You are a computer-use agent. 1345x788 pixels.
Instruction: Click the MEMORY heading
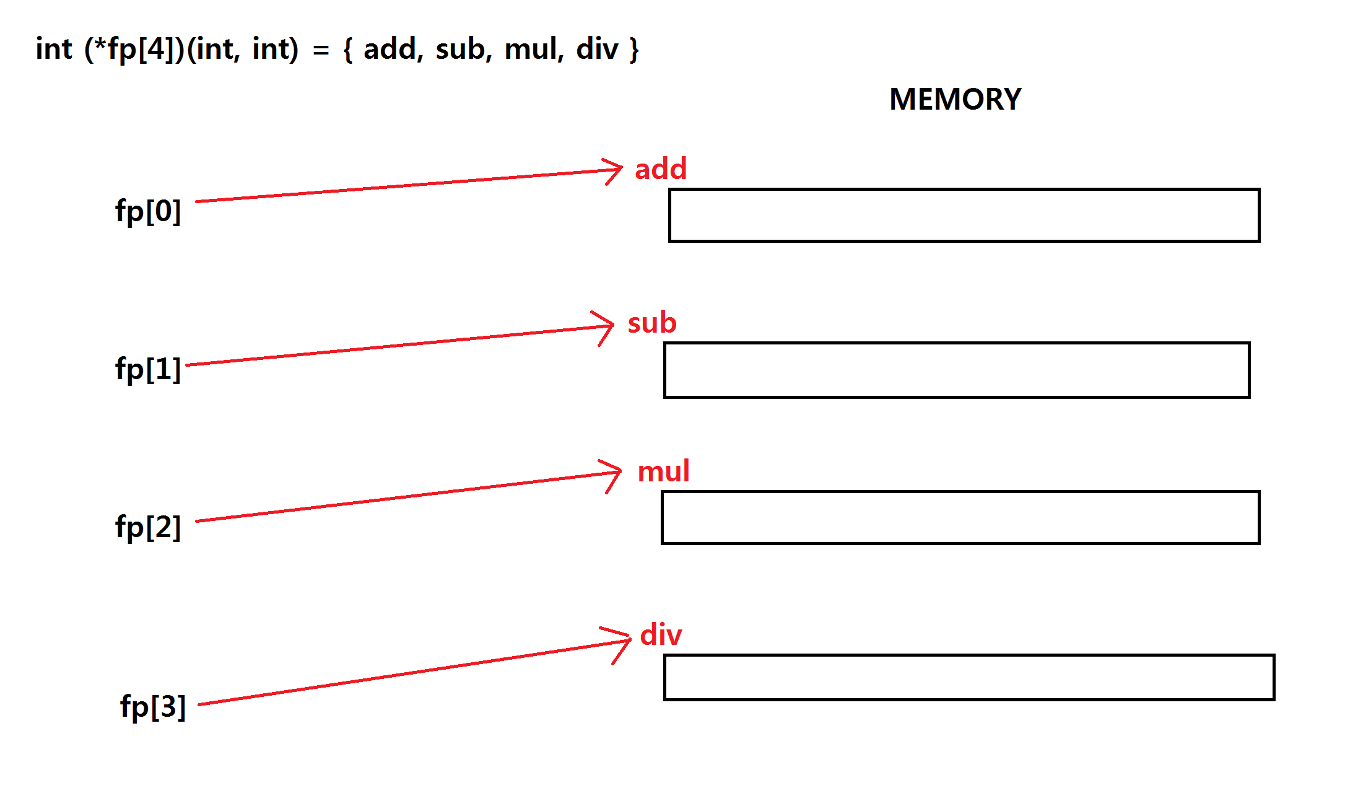(955, 99)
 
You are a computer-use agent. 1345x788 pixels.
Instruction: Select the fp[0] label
(148, 211)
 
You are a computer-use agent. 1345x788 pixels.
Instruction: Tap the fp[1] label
(148, 369)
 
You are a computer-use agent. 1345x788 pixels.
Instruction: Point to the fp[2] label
(148, 527)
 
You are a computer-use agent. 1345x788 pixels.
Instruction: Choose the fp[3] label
(153, 706)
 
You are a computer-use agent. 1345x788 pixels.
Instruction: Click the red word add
(661, 169)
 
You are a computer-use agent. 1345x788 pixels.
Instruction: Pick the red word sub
(652, 323)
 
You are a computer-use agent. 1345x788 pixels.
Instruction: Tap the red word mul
(663, 472)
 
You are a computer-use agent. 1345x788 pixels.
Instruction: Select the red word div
(661, 636)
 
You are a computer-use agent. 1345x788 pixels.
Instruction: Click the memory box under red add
(964, 215)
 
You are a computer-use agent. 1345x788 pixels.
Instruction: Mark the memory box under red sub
(957, 370)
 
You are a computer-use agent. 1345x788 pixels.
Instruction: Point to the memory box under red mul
(960, 518)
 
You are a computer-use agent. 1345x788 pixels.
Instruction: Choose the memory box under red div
(969, 677)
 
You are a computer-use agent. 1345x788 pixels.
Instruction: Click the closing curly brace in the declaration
(633, 50)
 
